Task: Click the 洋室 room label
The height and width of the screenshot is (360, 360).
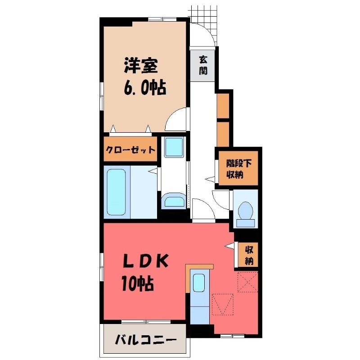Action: [141, 66]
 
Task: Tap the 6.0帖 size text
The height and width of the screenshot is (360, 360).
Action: [145, 87]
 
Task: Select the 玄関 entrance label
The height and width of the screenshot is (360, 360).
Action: [203, 65]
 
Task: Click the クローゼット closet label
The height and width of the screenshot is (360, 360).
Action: [130, 150]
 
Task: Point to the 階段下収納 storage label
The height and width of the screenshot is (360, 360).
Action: [238, 169]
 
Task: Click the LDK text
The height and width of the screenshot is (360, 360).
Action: [145, 261]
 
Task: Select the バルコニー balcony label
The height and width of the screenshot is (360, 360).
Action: [145, 340]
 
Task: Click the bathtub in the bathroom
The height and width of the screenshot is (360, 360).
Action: [117, 192]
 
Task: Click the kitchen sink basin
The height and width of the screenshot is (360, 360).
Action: [198, 283]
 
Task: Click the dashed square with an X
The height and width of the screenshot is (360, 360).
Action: [247, 282]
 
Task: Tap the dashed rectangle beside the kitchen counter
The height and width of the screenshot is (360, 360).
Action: [222, 304]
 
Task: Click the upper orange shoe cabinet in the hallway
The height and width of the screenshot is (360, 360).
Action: [223, 106]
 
